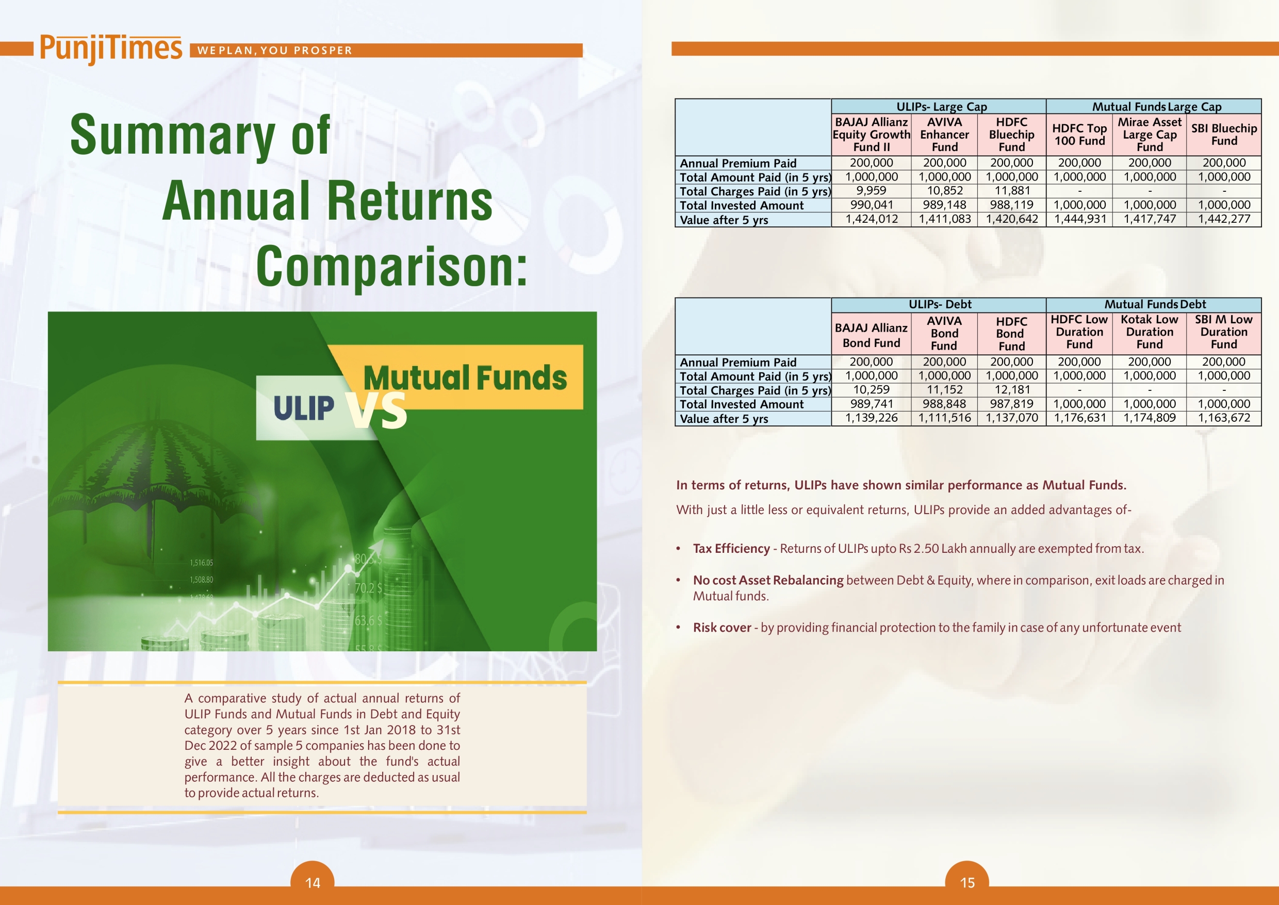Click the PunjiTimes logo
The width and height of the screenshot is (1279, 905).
[111, 49]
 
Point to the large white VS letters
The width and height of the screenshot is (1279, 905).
[376, 410]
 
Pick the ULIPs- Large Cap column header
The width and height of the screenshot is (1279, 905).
[941, 106]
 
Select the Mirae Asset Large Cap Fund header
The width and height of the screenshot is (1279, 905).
[1149, 134]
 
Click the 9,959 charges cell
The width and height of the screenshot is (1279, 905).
[871, 191]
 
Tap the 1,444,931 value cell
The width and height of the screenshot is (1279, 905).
[1079, 219]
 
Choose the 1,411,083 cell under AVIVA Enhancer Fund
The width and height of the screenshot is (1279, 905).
[945, 219]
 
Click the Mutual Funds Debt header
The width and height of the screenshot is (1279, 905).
[1155, 304]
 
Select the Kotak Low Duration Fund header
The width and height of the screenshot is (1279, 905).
[1149, 332]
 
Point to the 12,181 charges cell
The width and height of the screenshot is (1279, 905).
[1011, 389]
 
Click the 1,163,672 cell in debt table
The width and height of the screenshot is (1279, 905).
[1224, 418]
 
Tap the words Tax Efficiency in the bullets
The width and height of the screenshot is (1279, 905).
[731, 548]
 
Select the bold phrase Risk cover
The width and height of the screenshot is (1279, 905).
[722, 628]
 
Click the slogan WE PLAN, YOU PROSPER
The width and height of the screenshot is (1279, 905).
[275, 50]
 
